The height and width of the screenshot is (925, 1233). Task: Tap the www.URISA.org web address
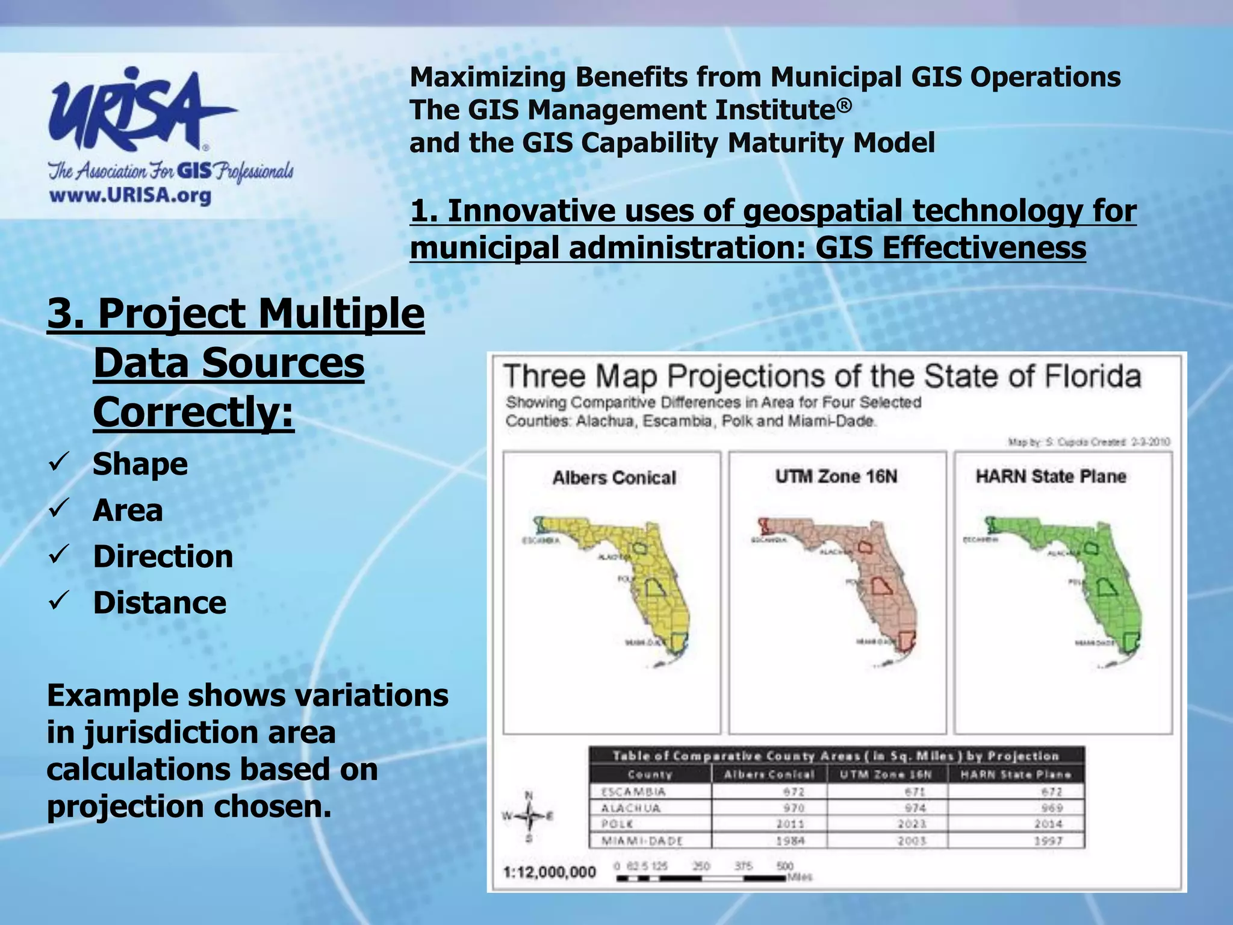coord(130,196)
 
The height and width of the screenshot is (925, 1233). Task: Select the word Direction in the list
coord(163,556)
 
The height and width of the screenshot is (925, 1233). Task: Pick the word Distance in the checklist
coord(160,602)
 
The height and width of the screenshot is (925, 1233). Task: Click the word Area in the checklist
coord(128,510)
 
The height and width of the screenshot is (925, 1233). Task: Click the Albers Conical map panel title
coord(614,478)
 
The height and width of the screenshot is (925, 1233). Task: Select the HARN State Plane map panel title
coord(1051,476)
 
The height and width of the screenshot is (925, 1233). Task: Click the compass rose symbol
coord(529,817)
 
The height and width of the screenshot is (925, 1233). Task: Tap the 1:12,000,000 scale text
coord(549,872)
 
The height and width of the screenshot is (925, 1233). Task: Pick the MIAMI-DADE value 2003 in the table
coord(912,841)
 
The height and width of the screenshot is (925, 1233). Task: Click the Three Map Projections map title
coord(822,376)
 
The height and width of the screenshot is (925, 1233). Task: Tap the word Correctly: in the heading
coord(193,413)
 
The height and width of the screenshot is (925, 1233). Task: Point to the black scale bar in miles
coord(701,879)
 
